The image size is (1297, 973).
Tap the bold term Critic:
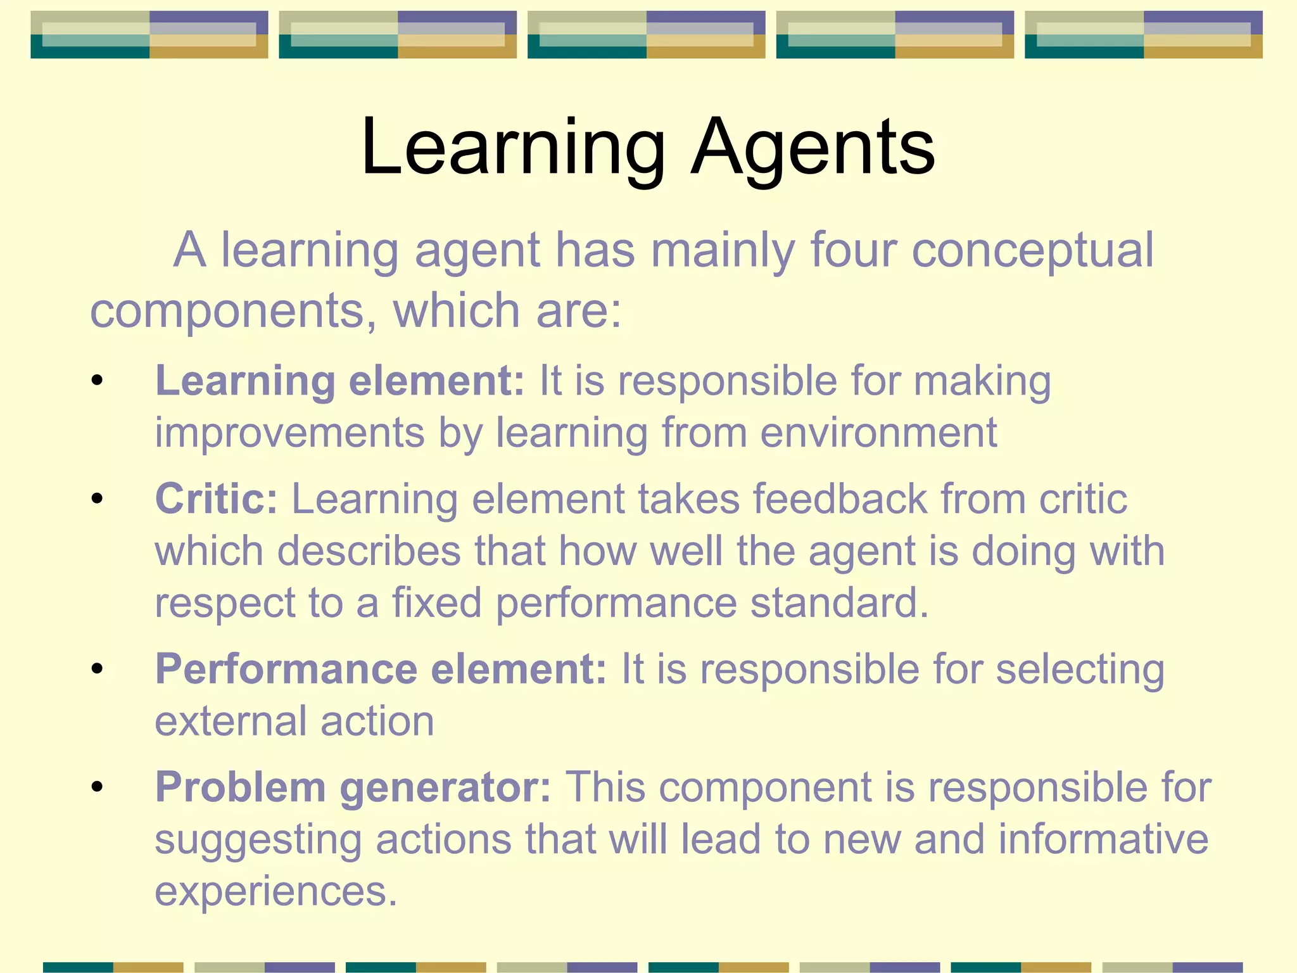coord(217,499)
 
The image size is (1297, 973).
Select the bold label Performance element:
coord(381,669)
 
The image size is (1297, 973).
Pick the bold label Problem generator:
coord(353,787)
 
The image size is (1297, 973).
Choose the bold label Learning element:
coord(340,381)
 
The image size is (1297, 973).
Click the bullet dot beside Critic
coord(97,499)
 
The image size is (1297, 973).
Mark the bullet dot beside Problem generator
coord(97,787)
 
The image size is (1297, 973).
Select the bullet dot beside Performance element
coord(97,669)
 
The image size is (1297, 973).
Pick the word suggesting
coord(258,841)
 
